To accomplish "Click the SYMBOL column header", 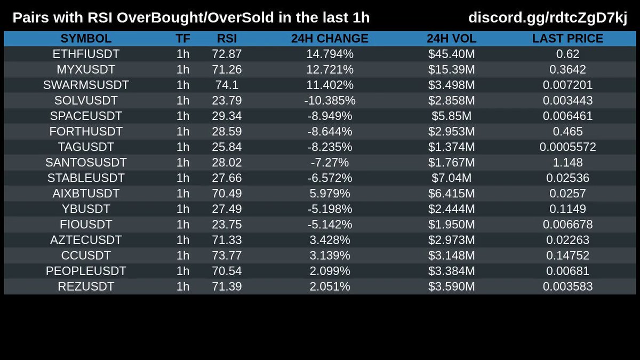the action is pos(86,38).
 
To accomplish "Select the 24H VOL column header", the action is pos(451,38).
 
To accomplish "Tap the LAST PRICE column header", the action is pos(567,38).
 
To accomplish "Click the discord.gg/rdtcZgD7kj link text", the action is pos(548,18).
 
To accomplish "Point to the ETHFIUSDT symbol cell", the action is pos(86,54).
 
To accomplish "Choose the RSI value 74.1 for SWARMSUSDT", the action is pos(227,85).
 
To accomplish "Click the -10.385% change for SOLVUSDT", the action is pos(330,101).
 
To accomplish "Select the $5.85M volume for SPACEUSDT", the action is pos(451,116).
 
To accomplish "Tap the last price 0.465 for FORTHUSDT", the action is pos(567,131).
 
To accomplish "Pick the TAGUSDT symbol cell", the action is pos(86,147).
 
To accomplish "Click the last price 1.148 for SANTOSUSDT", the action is pos(567,163).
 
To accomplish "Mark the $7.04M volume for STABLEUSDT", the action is pos(451,178).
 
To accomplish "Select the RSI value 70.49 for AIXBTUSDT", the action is pos(227,194).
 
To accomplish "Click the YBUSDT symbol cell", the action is pos(86,209).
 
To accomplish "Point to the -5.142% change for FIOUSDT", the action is pos(330,225).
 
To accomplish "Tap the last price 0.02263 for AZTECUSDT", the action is pos(567,240).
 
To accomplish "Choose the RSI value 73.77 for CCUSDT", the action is pos(227,255).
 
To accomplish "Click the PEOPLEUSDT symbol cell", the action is pos(86,271).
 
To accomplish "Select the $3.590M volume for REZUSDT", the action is pos(451,286).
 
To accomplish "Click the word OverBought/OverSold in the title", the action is pos(195,18).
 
